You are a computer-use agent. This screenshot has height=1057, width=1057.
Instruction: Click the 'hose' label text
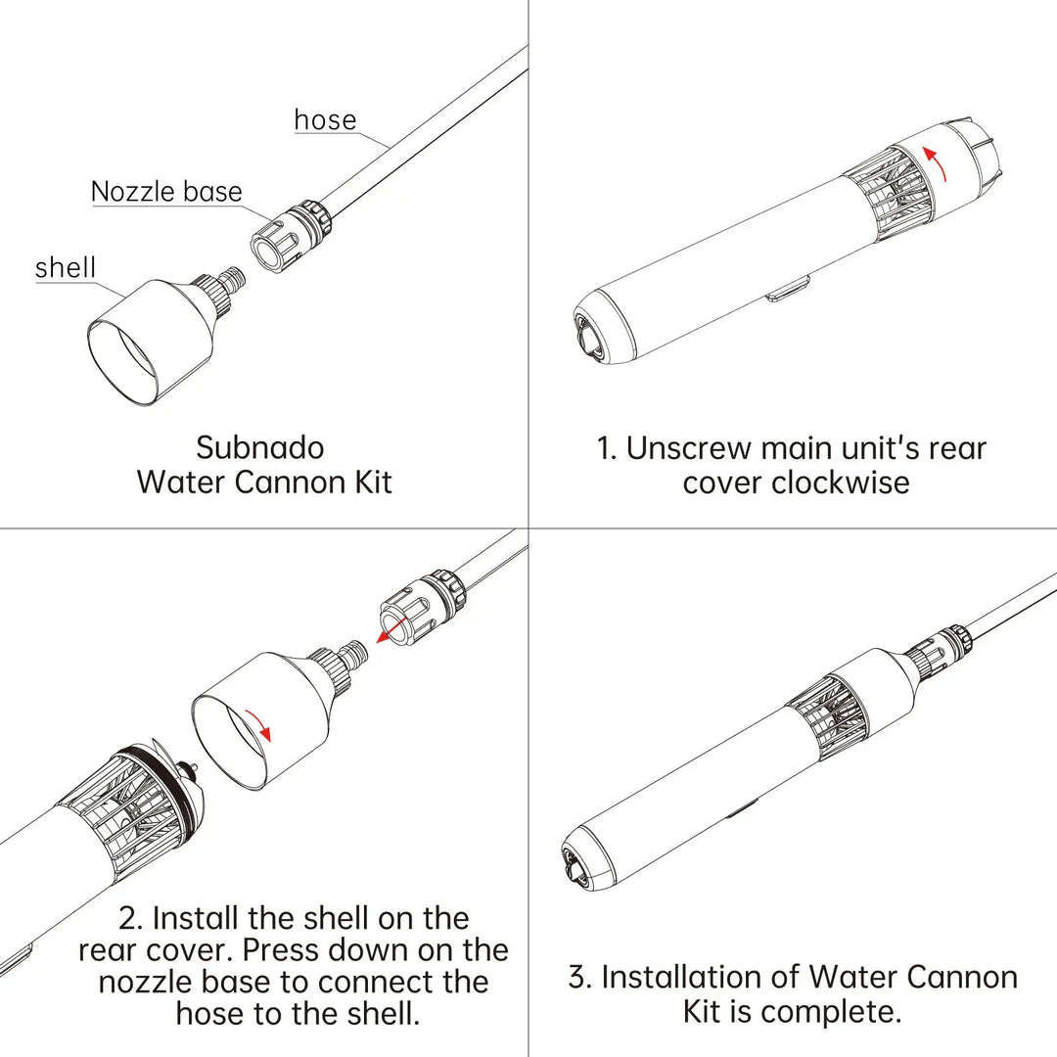pyautogui.click(x=325, y=120)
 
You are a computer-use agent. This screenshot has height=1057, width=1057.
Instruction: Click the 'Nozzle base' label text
pyautogui.click(x=166, y=191)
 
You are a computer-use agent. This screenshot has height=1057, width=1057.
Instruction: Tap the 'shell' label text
pyautogui.click(x=65, y=268)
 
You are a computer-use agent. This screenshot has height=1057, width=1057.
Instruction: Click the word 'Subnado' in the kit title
pyautogui.click(x=260, y=448)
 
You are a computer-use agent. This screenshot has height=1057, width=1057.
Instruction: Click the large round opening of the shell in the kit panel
pyautogui.click(x=123, y=362)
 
